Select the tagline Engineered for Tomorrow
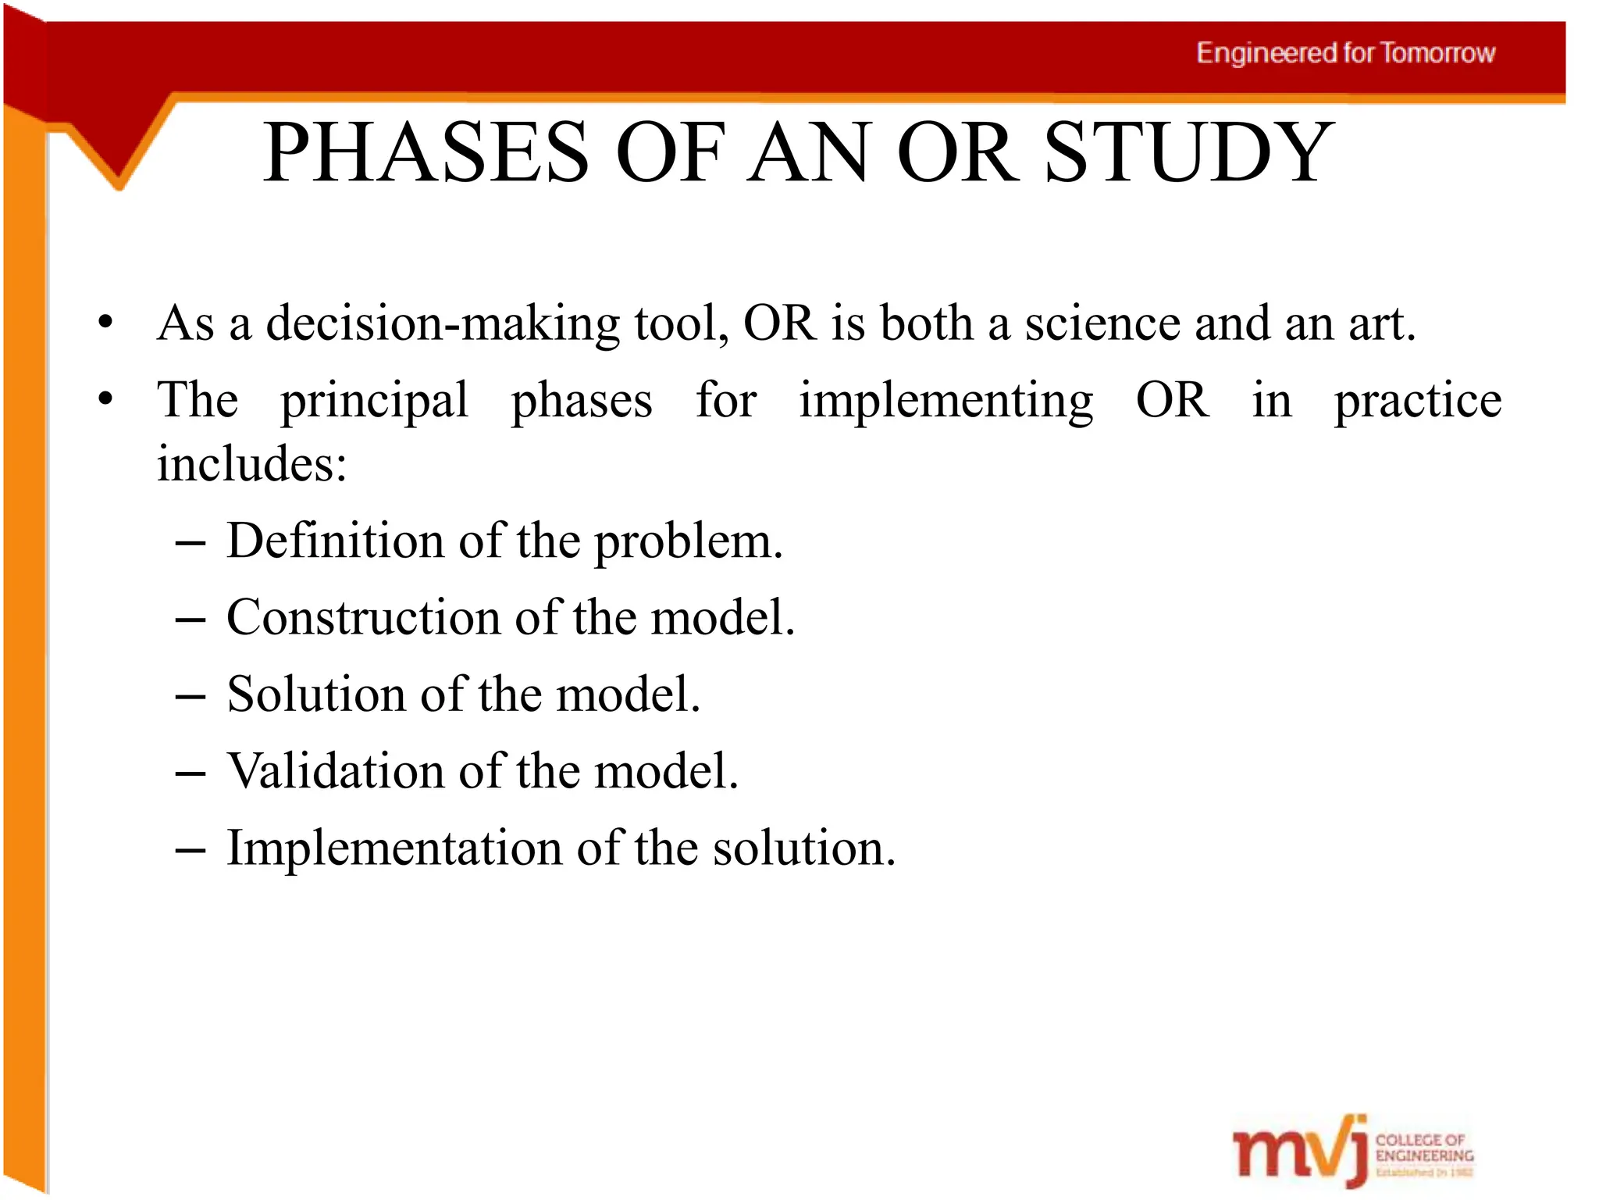[x=1345, y=53]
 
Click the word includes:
[x=251, y=464]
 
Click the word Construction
[x=364, y=617]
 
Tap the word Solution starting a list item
[x=316, y=694]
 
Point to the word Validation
[x=336, y=771]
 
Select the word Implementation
[x=394, y=848]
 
